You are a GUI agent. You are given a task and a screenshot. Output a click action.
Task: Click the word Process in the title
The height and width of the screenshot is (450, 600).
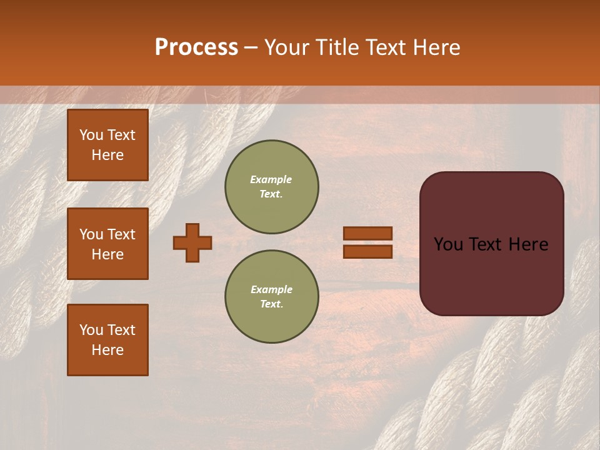tap(196, 47)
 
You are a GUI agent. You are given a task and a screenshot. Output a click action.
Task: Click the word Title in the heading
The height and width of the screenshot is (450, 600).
tap(336, 47)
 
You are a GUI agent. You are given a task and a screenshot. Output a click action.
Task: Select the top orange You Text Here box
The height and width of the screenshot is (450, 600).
tap(107, 145)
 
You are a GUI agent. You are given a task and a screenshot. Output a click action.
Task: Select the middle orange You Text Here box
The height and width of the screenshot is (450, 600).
tap(107, 244)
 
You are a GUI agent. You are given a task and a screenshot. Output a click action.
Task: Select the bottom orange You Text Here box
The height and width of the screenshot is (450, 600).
tap(107, 340)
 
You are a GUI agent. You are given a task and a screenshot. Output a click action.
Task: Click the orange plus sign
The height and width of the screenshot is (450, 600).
tap(192, 242)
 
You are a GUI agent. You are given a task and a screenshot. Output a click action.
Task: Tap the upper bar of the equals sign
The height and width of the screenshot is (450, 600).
tap(367, 233)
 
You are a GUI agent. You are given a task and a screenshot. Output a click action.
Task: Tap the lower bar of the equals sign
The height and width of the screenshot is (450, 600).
tap(367, 251)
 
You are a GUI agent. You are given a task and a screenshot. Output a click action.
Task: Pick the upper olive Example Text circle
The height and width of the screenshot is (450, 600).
tap(271, 187)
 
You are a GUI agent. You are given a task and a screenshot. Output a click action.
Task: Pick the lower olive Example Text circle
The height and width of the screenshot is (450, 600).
tap(271, 297)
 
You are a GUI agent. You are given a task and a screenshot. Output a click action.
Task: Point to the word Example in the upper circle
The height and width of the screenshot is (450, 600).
tap(271, 179)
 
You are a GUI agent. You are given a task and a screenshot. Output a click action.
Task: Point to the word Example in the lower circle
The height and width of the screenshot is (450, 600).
tap(271, 289)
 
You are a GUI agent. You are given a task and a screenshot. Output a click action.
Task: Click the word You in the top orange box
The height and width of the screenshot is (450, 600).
tap(91, 135)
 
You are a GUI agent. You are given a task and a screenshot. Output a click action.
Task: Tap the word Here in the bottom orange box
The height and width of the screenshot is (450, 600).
tap(107, 350)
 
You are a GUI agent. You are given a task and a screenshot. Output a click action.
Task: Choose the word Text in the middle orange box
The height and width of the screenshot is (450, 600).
tap(121, 234)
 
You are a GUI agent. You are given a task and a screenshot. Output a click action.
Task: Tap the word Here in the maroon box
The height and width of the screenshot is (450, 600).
tap(528, 244)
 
